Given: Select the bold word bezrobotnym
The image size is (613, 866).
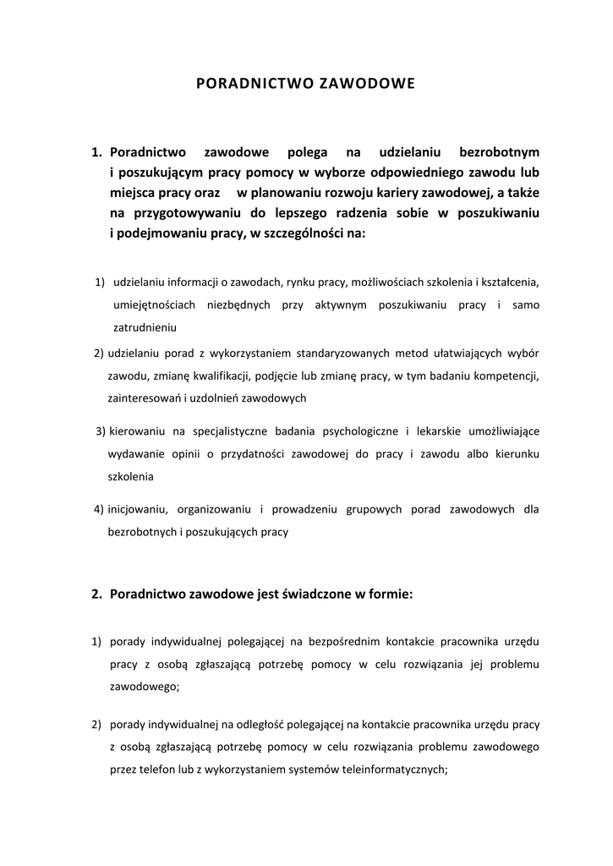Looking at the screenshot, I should (499, 152).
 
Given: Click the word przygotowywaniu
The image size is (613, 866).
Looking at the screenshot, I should (183, 212).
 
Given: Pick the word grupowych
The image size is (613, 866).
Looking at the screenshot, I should (391, 510).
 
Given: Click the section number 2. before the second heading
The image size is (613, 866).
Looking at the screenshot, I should (96, 595).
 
